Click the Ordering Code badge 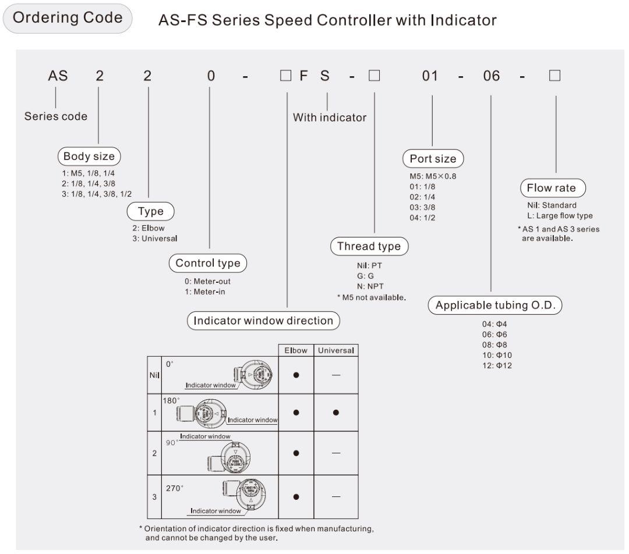[68, 18]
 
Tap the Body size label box [89, 156]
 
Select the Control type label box [208, 263]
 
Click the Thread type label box [369, 246]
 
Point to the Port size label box [433, 159]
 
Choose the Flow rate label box [551, 188]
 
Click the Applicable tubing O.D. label [495, 306]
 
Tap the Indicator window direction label [263, 321]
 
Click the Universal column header [336, 350]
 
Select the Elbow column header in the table [296, 350]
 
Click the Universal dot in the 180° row [336, 413]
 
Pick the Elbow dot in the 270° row [296, 497]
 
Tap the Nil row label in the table [154, 375]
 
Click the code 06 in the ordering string [492, 76]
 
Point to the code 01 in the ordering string [430, 76]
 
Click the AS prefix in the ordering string [58, 76]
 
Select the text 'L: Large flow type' [560, 216]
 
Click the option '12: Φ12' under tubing [497, 365]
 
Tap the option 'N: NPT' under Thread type [370, 286]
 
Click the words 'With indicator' [330, 118]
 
